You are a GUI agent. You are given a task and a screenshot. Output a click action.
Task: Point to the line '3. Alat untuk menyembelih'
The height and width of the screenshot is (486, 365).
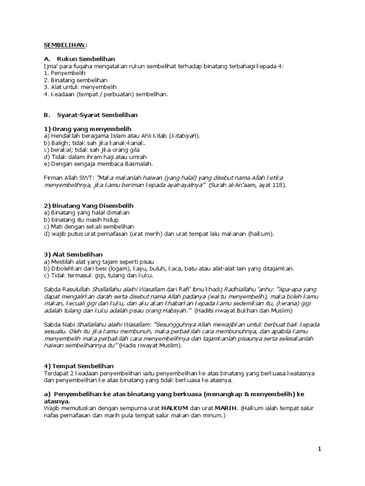click(79, 87)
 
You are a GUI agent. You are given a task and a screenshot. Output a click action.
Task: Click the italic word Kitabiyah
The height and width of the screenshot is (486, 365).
click(183, 136)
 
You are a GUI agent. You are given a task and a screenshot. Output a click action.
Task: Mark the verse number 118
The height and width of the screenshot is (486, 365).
click(277, 185)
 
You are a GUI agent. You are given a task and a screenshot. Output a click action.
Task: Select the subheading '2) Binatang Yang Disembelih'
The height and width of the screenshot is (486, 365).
click(88, 206)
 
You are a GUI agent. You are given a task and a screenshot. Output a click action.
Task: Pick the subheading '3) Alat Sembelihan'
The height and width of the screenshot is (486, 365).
click(73, 254)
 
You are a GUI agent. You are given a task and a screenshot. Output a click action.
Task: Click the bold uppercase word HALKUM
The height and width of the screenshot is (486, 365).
click(175, 408)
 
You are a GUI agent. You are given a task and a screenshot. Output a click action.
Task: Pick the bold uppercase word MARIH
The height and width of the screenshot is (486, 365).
click(226, 408)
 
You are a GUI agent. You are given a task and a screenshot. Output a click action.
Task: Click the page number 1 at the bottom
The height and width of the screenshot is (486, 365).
click(320, 449)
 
